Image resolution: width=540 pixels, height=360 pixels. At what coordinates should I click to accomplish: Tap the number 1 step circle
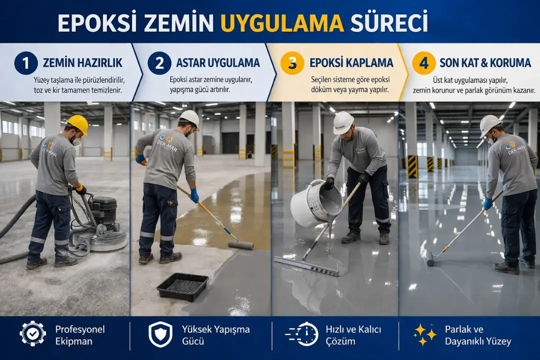coord(25,63)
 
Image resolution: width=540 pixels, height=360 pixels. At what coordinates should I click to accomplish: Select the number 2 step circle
coord(159,63)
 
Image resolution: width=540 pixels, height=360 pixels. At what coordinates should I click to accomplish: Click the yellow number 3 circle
coord(292,63)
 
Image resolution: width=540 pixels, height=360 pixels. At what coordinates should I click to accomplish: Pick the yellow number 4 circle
coord(423,63)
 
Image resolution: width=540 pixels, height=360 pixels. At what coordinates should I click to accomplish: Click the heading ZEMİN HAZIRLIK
coord(82,63)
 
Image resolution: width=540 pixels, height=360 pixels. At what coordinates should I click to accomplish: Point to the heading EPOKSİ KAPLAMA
coord(351,63)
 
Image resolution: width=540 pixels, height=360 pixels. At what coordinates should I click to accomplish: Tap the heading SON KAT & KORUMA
coord(485,63)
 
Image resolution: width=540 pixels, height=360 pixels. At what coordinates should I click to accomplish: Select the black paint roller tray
coord(182,286)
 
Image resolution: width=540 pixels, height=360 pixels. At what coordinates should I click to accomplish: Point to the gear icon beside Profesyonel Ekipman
coord(32,334)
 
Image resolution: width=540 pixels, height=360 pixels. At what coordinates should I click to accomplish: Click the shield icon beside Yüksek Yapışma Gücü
coord(160,334)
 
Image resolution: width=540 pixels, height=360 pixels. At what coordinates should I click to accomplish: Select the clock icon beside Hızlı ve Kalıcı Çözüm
coord(303,334)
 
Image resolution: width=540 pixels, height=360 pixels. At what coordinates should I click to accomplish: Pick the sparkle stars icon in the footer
coord(425,334)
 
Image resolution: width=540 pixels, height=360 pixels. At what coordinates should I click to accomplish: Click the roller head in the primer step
coord(240,245)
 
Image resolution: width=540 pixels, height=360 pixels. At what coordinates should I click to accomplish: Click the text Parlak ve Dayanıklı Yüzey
coord(478,335)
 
